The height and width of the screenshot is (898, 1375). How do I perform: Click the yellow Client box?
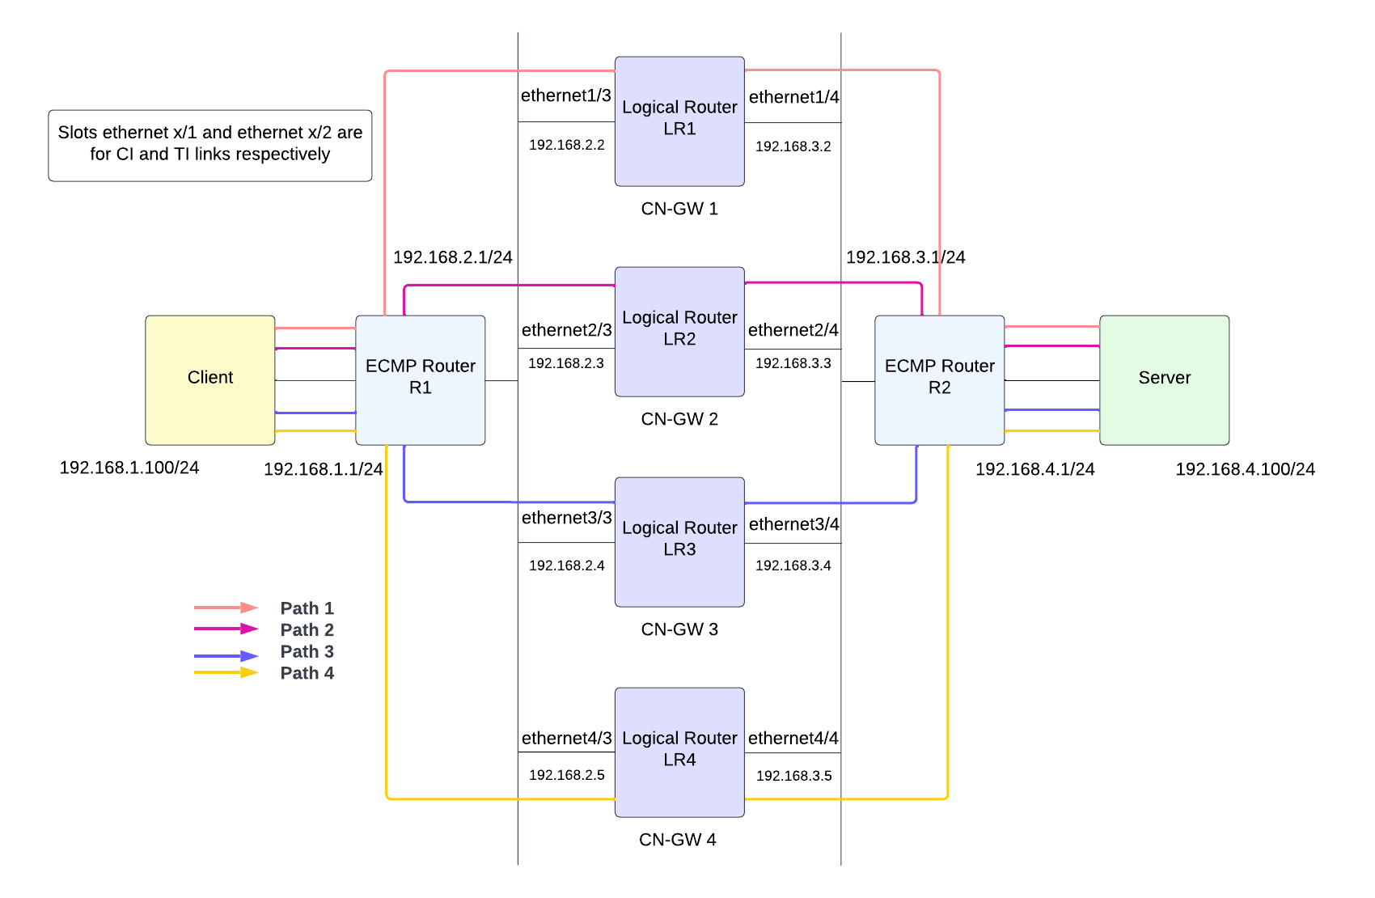[x=210, y=379]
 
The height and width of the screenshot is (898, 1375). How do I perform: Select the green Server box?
[x=1164, y=379]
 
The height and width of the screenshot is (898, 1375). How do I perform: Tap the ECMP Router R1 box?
[x=421, y=379]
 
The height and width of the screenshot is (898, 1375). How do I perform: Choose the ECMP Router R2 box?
[x=939, y=379]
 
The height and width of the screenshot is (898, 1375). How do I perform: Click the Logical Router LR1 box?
[x=679, y=121]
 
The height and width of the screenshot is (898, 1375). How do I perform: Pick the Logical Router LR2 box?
[x=679, y=332]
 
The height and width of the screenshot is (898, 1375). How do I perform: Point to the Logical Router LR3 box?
[x=679, y=541]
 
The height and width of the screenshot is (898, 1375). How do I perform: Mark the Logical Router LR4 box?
[x=679, y=752]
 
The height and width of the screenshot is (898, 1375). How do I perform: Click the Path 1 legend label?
[x=307, y=608]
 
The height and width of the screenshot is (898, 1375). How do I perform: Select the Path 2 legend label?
[x=307, y=629]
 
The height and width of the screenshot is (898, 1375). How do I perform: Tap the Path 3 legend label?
[x=307, y=651]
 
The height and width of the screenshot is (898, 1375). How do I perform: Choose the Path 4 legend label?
[x=307, y=673]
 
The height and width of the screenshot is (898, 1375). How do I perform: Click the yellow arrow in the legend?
[x=226, y=672]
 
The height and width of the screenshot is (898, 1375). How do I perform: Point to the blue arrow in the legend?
[x=226, y=655]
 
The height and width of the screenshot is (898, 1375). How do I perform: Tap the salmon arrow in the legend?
[x=226, y=607]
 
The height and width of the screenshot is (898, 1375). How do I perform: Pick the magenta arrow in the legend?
[x=226, y=629]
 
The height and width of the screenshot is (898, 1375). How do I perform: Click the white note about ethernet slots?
[x=210, y=145]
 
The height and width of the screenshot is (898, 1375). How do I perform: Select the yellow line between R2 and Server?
[x=1051, y=431]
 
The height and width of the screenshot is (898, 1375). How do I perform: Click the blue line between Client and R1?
[x=315, y=413]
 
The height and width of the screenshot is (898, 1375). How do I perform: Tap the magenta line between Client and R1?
[x=315, y=349]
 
